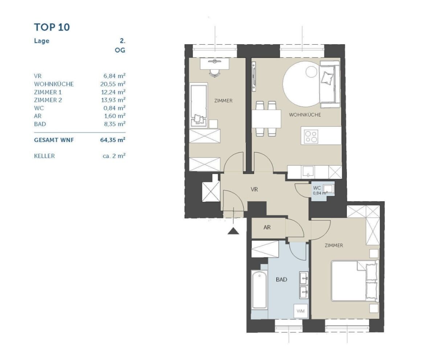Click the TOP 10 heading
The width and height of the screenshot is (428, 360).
[x=52, y=27]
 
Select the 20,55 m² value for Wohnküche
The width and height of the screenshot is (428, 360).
[x=113, y=84]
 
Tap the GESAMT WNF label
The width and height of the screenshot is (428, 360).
[x=54, y=140]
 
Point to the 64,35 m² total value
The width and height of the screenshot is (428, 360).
[x=113, y=140]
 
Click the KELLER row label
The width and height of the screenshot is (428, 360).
[x=44, y=156]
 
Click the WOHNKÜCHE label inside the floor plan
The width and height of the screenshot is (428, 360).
[x=305, y=115]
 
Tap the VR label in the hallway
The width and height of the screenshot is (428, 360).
[x=254, y=189]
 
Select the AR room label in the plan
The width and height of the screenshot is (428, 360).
[x=267, y=227]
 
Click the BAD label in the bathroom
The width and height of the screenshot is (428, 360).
[x=281, y=279]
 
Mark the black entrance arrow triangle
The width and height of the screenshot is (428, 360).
[x=233, y=231]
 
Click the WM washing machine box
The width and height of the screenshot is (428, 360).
[x=301, y=311]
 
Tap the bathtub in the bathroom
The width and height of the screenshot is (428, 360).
[x=259, y=290]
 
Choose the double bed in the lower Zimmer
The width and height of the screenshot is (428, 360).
[x=355, y=281]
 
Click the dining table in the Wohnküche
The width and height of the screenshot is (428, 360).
[x=266, y=119]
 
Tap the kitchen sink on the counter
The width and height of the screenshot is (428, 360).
[x=308, y=172]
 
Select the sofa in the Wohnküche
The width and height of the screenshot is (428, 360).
[x=330, y=84]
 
